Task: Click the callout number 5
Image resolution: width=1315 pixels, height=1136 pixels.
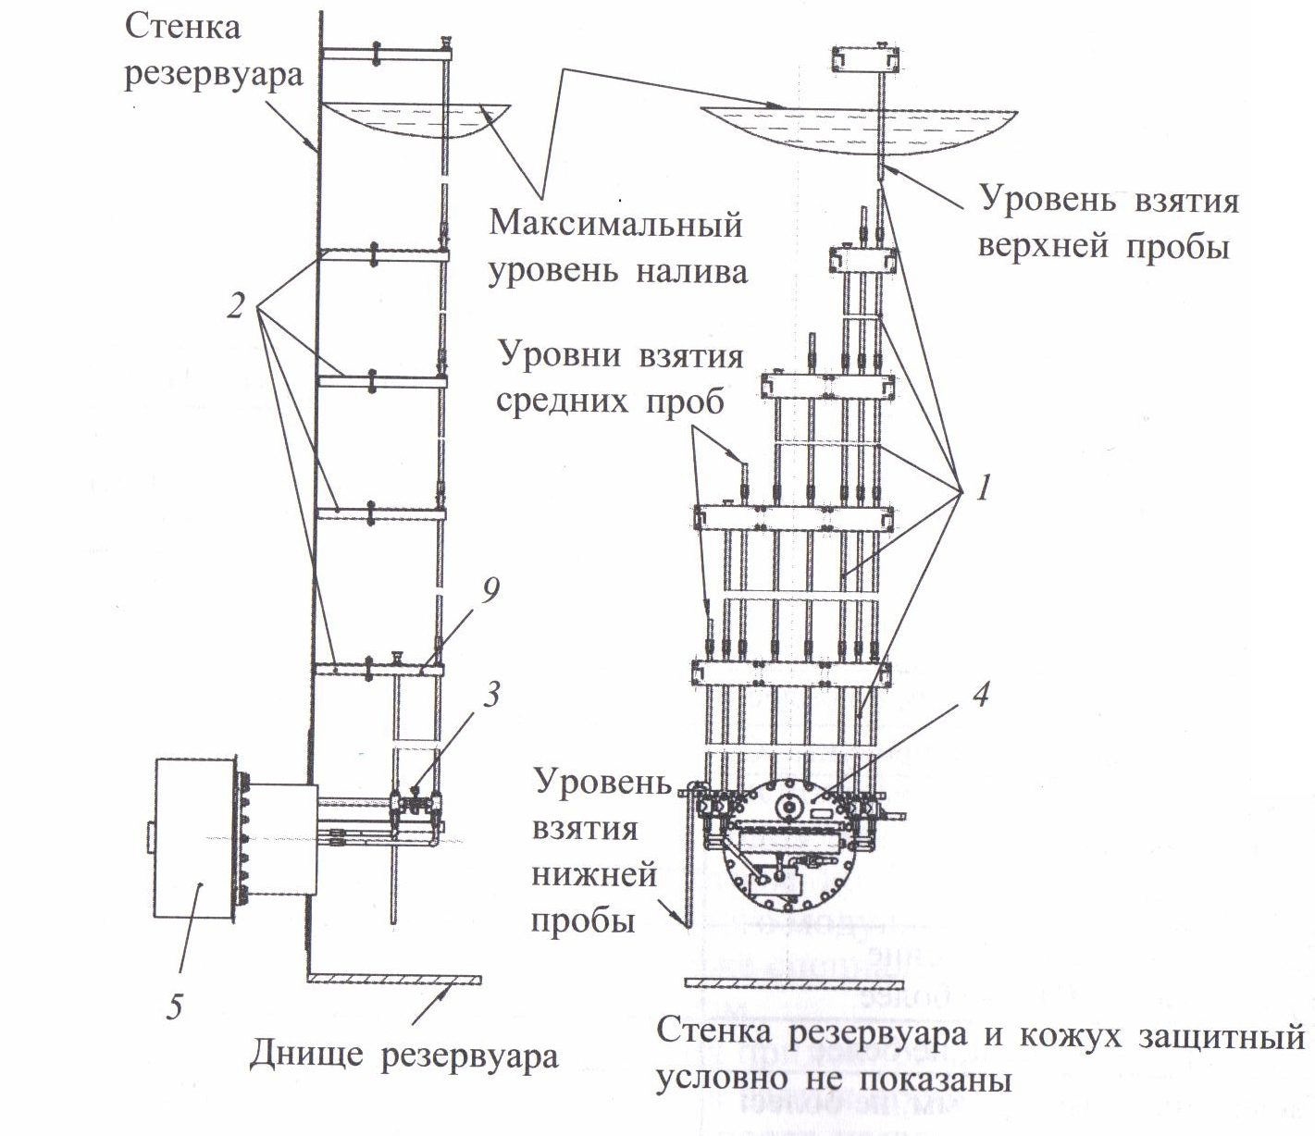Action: (175, 1006)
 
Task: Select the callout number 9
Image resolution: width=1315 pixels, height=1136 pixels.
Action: (490, 591)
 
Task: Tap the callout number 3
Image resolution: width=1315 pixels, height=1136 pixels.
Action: (491, 695)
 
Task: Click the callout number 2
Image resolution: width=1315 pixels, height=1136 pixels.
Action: (235, 306)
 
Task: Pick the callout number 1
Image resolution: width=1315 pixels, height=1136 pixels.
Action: (984, 488)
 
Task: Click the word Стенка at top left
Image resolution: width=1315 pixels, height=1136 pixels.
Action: (182, 28)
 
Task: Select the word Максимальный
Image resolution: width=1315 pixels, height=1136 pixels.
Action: (615, 225)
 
